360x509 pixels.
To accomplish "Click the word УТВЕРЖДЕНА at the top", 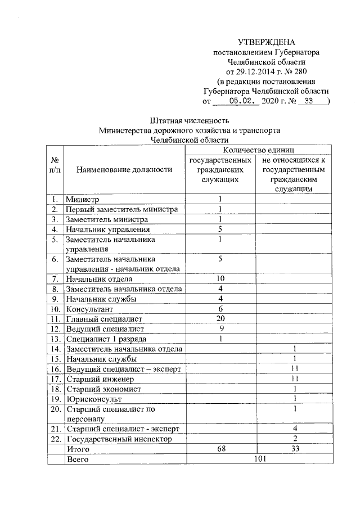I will (x=266, y=42).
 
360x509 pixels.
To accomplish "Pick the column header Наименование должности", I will (x=124, y=169).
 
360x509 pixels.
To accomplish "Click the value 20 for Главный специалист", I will (x=220, y=319).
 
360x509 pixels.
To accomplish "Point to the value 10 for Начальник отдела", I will (x=220, y=279).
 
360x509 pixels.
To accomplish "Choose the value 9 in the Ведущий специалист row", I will (x=220, y=328).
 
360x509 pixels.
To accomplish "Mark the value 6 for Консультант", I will (x=220, y=309).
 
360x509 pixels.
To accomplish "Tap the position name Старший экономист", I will (x=103, y=389).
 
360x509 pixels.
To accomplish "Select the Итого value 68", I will (x=220, y=449).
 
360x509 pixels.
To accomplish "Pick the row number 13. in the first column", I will (x=55, y=339).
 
